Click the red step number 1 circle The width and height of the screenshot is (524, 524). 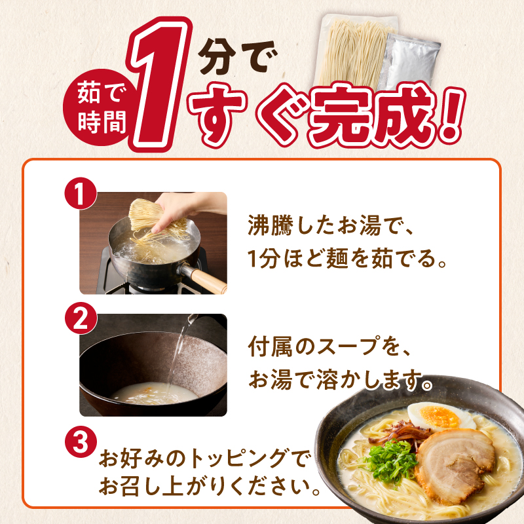click(81, 195)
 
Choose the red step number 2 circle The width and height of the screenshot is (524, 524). click(81, 318)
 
